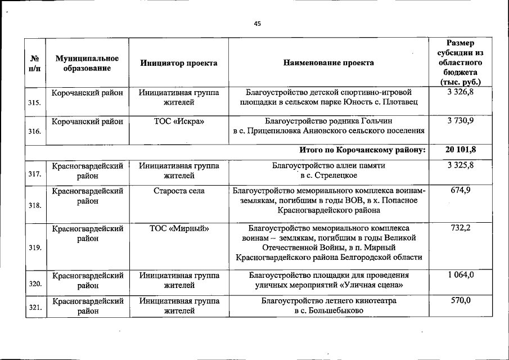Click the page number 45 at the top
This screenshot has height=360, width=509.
coord(257,24)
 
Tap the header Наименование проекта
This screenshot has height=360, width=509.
coord(328,63)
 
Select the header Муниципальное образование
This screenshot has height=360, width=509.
coord(87,63)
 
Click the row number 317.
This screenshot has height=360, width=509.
coord(34,174)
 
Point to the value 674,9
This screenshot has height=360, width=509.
coord(461,191)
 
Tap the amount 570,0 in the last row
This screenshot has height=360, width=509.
coord(461,301)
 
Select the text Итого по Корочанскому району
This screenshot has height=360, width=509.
coord(362,150)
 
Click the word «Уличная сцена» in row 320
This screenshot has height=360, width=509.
coord(376,285)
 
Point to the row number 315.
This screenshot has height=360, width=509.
coord(34,103)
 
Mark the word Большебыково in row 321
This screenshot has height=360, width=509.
coord(335,310)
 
